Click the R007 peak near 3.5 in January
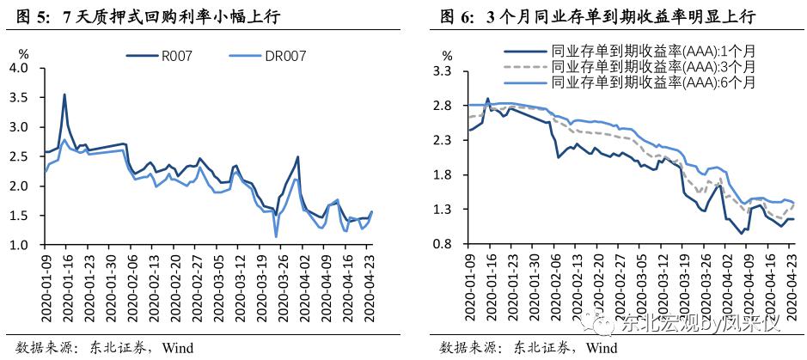[x=64, y=95]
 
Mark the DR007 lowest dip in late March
[x=276, y=236]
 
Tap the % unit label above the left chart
[x=23, y=53]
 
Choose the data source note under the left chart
[x=101, y=347]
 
